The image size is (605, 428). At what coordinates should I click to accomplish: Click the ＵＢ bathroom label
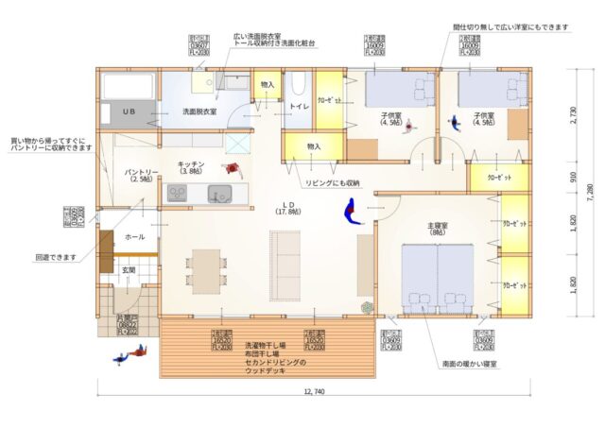(x=130, y=111)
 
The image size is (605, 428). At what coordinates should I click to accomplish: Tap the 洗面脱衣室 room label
(x=199, y=111)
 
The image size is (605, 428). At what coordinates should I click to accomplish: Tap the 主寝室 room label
(x=437, y=227)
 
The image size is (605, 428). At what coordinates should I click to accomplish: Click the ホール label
(x=134, y=236)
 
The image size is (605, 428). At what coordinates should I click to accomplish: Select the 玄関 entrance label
(x=128, y=271)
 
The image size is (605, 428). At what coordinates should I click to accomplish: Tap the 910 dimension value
(x=574, y=177)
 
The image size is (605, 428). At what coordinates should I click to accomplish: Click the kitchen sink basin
(x=220, y=196)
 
